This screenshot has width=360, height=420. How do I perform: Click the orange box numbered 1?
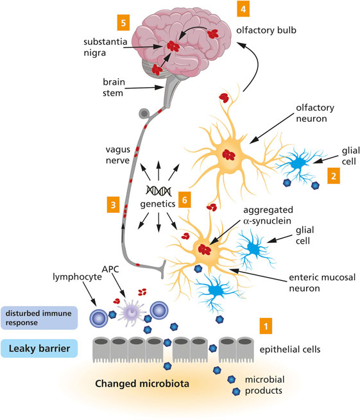coord(266,326)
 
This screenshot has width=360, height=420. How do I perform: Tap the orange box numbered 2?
coord(334,176)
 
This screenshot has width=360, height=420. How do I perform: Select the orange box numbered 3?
coord(113,205)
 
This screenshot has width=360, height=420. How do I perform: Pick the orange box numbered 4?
coord(243,9)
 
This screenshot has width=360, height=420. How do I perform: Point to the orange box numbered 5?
coord(123,23)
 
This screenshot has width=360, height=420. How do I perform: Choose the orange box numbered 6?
coord(184,199)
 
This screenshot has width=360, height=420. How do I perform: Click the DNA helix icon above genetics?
coord(159,190)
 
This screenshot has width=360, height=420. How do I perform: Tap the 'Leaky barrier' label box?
coord(39,348)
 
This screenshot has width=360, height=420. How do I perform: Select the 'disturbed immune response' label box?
coord(39,317)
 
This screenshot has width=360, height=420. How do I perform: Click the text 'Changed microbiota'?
coord(142,383)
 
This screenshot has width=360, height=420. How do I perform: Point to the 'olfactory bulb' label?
coord(266,30)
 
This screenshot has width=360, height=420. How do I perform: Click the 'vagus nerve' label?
coord(117,155)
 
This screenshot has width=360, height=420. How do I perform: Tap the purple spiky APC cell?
coord(132,312)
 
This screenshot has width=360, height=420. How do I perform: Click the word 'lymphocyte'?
coord(77,277)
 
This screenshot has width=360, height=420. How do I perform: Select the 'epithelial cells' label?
coord(290,349)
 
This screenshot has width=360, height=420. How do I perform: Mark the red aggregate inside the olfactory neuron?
coord(228,155)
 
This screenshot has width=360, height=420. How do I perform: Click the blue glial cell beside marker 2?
coord(298,164)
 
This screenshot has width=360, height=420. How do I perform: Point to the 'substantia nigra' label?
coord(105,47)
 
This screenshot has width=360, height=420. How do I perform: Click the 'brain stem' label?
coord(114,87)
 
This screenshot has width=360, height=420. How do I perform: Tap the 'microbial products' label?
coord(265,385)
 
